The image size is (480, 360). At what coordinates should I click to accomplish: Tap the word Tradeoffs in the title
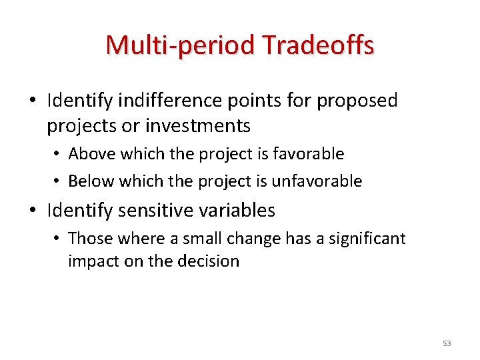[318, 45]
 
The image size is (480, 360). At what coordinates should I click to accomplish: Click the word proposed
[357, 101]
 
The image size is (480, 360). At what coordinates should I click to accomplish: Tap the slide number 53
[447, 343]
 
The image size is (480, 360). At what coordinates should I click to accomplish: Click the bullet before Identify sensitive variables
[33, 211]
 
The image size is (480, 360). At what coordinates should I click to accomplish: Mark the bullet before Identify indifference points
[33, 101]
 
